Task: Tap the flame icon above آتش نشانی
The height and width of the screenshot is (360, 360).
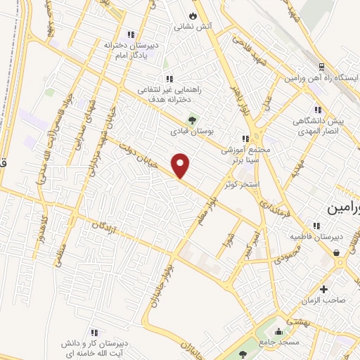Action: [x=193, y=15]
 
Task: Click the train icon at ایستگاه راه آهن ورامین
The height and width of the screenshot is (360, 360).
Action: [x=321, y=66]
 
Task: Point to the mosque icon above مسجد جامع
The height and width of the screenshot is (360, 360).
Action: [x=280, y=330]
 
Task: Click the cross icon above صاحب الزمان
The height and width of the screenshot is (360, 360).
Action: [x=323, y=289]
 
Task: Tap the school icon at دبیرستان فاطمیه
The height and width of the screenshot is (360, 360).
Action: [x=316, y=226]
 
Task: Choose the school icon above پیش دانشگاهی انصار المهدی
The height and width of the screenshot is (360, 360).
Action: [x=318, y=110]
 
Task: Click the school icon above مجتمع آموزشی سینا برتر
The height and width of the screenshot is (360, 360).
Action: [x=245, y=139]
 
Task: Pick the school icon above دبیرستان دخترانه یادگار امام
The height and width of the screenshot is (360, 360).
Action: [x=129, y=34]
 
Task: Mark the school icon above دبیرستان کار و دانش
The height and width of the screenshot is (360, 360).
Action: [x=93, y=332]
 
